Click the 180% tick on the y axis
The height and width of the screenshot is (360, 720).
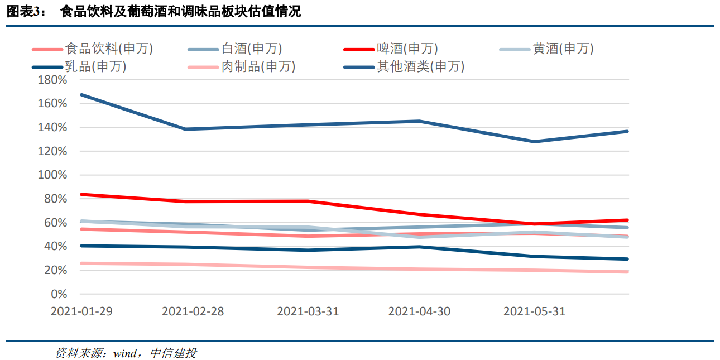(x=52, y=80)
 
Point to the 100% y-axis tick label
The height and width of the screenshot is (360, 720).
(x=52, y=175)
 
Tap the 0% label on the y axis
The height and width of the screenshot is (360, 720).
(x=59, y=294)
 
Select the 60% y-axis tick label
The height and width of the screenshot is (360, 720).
(x=55, y=223)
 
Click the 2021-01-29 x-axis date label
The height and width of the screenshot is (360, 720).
(x=81, y=311)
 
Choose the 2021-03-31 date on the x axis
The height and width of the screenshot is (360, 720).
(x=308, y=311)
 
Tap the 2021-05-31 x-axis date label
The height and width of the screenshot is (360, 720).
(x=534, y=311)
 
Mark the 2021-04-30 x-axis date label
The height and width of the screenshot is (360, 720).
(x=419, y=311)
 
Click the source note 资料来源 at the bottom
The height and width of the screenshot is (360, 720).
(x=126, y=353)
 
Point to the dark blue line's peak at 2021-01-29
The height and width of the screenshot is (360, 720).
(x=81, y=95)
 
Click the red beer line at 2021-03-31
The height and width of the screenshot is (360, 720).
(x=308, y=201)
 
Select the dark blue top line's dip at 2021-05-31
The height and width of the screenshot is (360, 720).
(x=534, y=142)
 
